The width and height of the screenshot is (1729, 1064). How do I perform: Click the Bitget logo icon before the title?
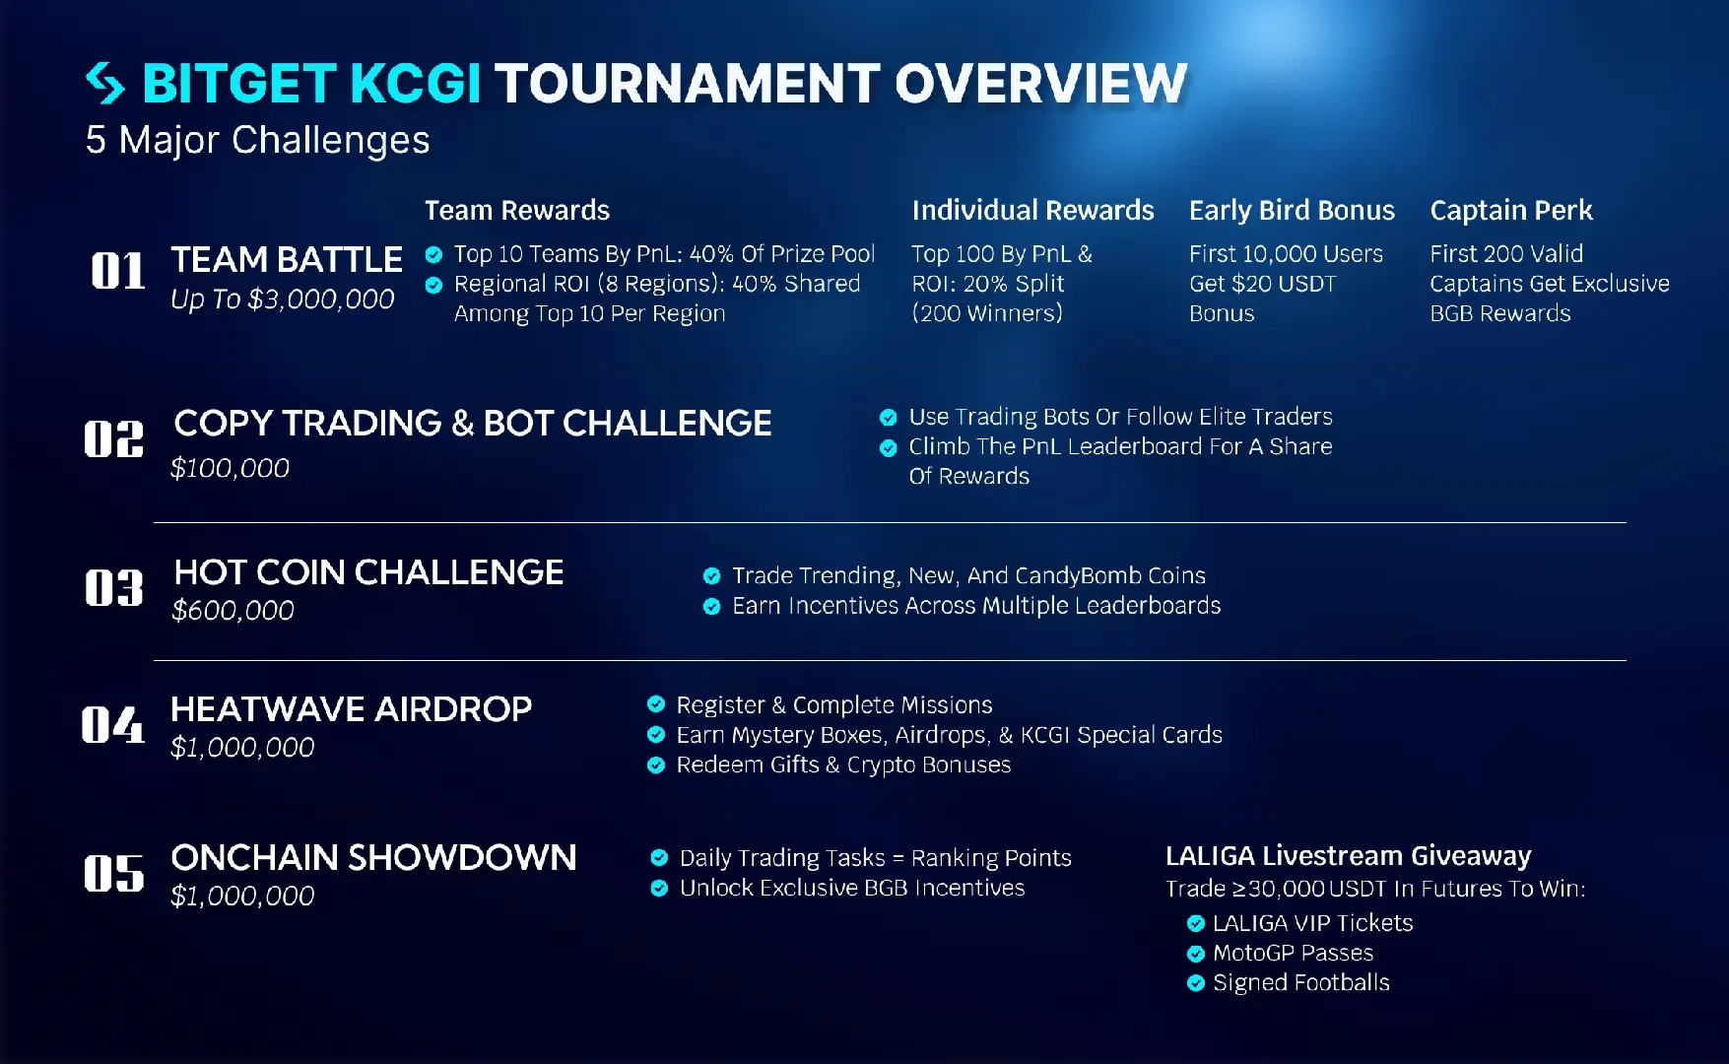tap(105, 83)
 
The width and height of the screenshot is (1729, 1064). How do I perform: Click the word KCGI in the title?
tap(415, 83)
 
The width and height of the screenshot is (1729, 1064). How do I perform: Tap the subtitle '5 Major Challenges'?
tap(257, 140)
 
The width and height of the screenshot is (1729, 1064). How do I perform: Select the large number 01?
tap(118, 270)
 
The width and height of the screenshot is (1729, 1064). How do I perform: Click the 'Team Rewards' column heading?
tap(517, 210)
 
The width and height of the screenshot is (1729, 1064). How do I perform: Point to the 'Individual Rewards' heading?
tap(1032, 210)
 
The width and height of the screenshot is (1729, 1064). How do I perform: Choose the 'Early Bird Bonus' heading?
tap(1292, 210)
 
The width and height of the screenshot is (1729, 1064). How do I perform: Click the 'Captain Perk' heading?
tap(1511, 210)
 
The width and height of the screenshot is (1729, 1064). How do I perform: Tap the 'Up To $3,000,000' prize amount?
tap(283, 299)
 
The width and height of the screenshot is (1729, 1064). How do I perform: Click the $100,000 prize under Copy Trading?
tap(230, 468)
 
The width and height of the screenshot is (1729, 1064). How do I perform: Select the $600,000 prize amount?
tap(233, 611)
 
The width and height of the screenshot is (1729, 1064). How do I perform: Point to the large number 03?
tap(114, 588)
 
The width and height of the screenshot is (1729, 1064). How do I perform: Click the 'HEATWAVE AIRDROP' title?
tap(351, 708)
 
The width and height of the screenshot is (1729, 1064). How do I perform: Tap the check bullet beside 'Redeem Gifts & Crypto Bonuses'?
tap(656, 765)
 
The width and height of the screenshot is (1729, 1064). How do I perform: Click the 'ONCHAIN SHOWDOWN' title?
tap(373, 857)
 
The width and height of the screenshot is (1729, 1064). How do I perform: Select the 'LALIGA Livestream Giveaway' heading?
tap(1348, 855)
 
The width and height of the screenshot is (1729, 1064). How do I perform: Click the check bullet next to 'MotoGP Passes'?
tap(1196, 954)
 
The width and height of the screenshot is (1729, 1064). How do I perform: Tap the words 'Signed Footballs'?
tap(1301, 982)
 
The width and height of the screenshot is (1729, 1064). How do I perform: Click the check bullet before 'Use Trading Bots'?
tap(888, 417)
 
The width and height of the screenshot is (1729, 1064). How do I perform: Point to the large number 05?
tap(114, 874)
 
